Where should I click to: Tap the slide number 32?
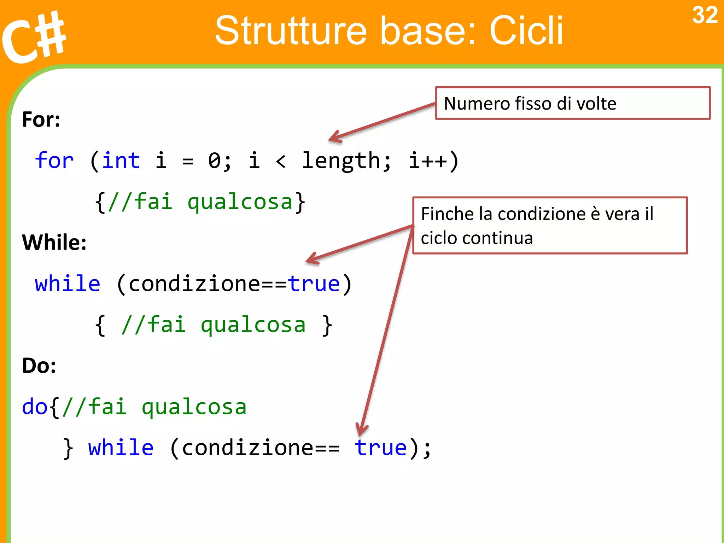(x=705, y=16)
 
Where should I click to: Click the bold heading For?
(x=41, y=119)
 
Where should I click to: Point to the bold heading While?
(x=54, y=243)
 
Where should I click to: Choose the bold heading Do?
(x=39, y=366)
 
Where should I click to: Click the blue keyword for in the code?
(x=54, y=160)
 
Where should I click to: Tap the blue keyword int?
(x=121, y=160)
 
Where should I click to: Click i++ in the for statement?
(x=428, y=161)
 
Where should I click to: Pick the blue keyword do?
(x=35, y=407)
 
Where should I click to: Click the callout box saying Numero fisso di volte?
(x=572, y=103)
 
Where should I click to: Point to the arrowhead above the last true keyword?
(x=361, y=430)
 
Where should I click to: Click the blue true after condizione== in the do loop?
(x=381, y=448)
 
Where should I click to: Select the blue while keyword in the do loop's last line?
(x=121, y=448)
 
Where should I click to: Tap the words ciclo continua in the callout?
(x=477, y=238)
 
